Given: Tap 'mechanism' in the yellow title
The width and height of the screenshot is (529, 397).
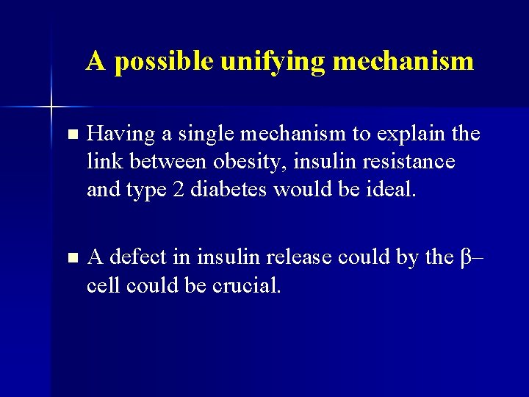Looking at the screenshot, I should pyautogui.click(x=403, y=61).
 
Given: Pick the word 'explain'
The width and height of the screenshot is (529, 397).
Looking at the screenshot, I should pyautogui.click(x=408, y=135).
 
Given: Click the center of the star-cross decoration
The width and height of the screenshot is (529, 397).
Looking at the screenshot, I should pyautogui.click(x=51, y=107).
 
